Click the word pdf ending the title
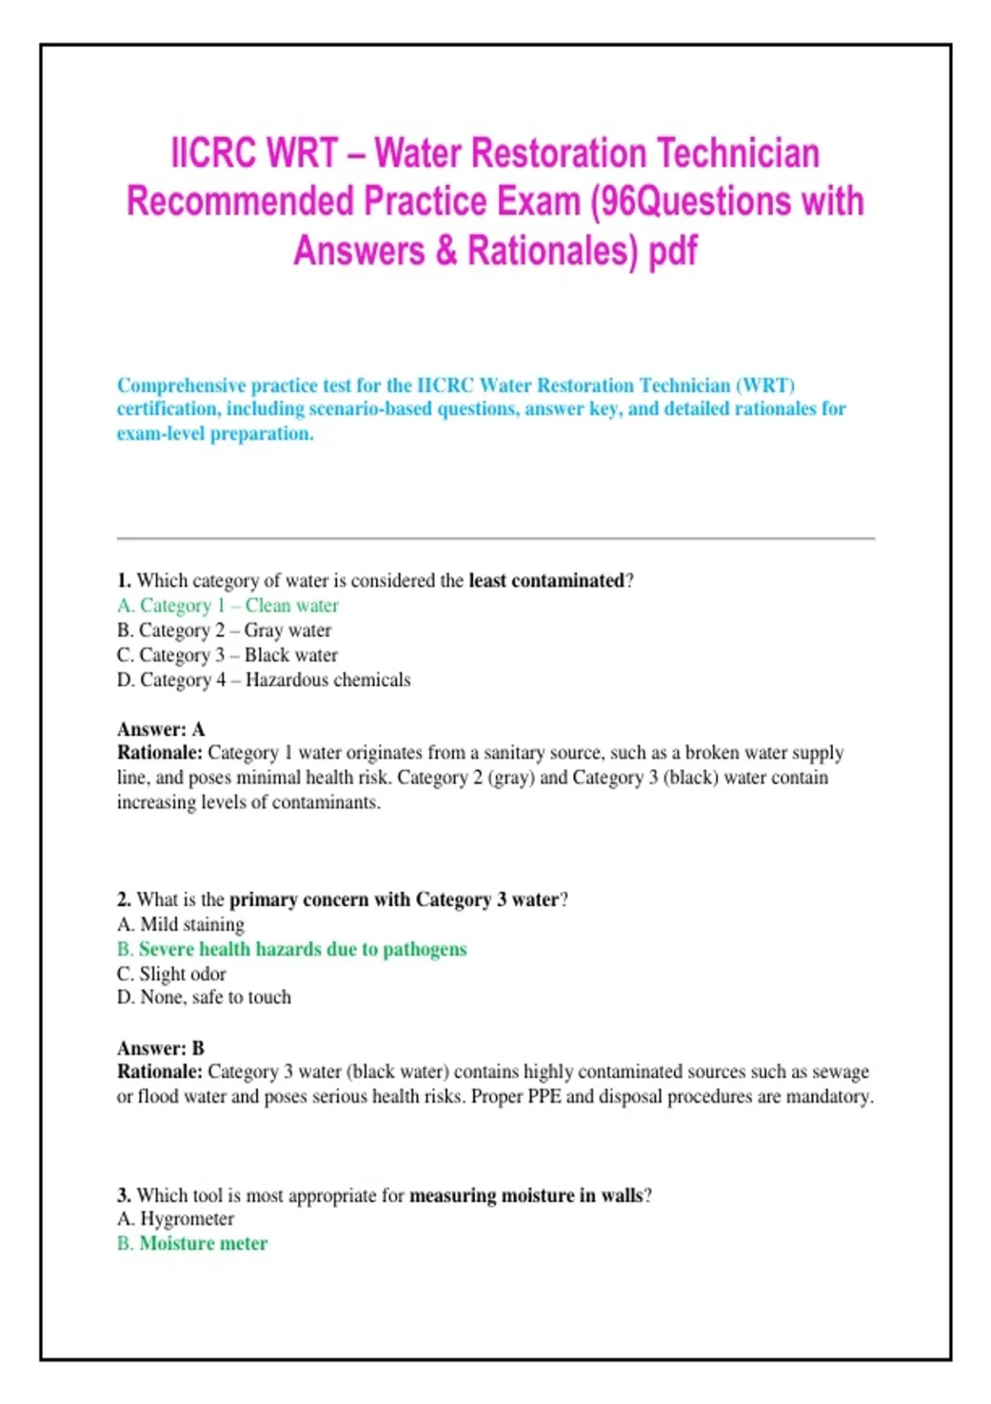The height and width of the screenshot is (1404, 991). coord(673,250)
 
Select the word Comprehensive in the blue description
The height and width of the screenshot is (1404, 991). coord(181,386)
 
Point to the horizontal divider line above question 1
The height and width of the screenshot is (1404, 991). coord(495,538)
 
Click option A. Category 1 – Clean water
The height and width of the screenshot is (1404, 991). coord(228,605)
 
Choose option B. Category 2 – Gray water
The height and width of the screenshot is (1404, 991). coord(224,630)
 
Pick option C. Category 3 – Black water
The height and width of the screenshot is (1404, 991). coord(227,655)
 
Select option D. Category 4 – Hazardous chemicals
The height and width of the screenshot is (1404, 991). coord(263,680)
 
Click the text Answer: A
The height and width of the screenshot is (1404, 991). coord(161,729)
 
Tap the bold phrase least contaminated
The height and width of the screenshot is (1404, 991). coord(546,581)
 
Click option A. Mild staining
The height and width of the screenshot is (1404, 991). coord(181,924)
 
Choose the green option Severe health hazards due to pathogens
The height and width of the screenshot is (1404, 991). coord(292,949)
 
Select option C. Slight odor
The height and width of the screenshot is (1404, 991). coord(172,974)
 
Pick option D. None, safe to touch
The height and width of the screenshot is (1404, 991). coord(204,998)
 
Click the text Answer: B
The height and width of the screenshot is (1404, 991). coord(161,1048)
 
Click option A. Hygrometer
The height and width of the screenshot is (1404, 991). coord(176,1219)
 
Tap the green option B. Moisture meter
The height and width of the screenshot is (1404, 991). coord(192,1244)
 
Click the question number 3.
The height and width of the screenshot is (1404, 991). coord(124,1195)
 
